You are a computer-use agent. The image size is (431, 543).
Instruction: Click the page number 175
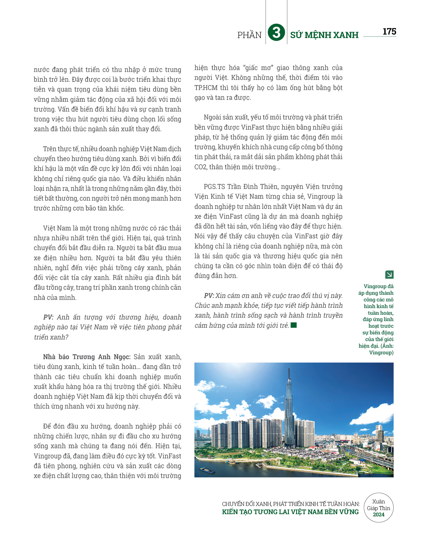click(x=389, y=31)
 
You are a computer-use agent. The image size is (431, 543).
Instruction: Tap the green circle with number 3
click(x=276, y=33)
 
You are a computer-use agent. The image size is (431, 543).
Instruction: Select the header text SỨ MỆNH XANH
click(x=324, y=35)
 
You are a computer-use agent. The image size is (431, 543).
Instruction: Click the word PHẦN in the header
click(x=249, y=35)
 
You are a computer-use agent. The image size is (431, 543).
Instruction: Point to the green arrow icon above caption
click(x=389, y=275)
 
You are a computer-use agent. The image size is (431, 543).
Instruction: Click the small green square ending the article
click(x=294, y=325)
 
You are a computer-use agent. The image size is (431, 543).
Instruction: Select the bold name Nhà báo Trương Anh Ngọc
click(x=87, y=357)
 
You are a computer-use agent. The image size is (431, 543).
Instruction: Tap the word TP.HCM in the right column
click(x=202, y=87)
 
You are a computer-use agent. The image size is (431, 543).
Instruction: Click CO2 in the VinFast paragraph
click(x=200, y=167)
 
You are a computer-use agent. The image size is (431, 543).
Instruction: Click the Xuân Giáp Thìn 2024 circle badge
click(x=378, y=508)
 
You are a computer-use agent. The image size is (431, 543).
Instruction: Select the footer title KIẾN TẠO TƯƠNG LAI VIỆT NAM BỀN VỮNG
click(x=290, y=512)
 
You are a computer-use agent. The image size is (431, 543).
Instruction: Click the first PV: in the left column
click(x=48, y=317)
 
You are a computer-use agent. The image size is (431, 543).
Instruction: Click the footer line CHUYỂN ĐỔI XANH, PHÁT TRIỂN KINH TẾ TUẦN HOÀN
click(x=291, y=504)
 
